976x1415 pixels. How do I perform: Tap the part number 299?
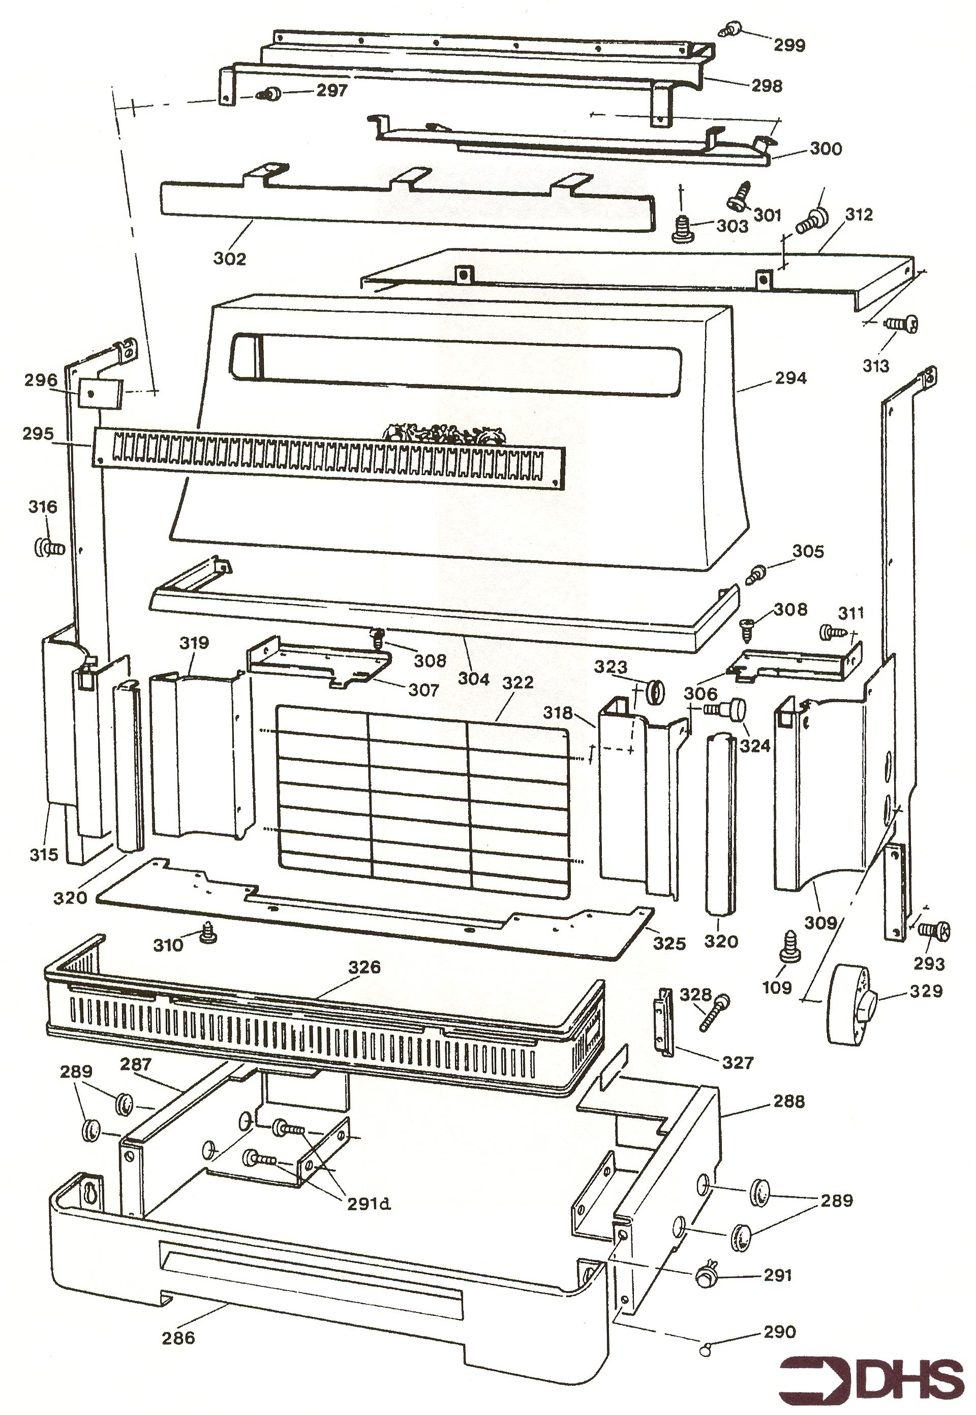[789, 45]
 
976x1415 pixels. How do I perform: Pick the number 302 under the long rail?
[230, 259]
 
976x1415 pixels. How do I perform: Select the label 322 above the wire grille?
[517, 683]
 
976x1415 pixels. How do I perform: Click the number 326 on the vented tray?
[364, 967]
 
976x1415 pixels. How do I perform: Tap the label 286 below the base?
[178, 1337]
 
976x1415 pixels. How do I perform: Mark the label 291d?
[369, 1203]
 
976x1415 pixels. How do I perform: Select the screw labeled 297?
[269, 94]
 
